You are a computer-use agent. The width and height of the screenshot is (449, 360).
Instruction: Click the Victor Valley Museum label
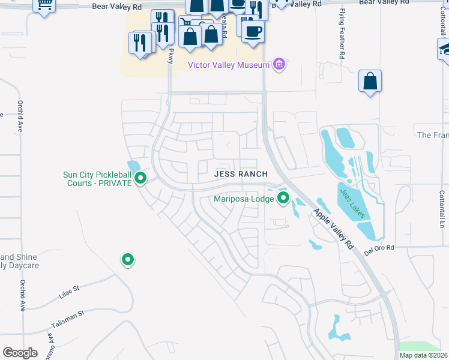(x=229, y=65)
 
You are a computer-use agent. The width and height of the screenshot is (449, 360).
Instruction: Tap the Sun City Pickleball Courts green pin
(x=140, y=178)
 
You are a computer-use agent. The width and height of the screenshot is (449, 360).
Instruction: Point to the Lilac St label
(x=69, y=289)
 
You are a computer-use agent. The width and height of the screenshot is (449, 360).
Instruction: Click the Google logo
(x=20, y=353)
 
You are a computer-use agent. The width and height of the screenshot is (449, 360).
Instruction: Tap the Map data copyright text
(x=424, y=355)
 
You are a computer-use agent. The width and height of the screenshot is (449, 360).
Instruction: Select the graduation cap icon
(x=444, y=49)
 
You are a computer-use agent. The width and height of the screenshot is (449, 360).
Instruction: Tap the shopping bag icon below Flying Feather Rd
(x=370, y=81)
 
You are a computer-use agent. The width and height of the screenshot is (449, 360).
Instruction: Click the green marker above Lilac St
(x=127, y=260)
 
